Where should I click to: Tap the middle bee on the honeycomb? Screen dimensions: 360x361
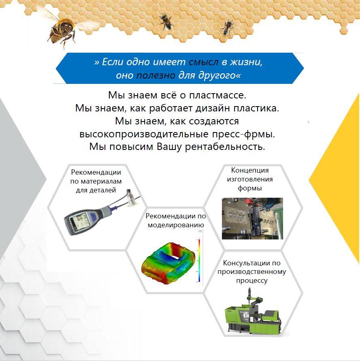166,21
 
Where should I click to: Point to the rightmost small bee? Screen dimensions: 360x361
228,27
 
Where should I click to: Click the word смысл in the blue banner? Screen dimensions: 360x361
203,62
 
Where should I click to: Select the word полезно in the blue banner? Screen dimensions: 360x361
156,75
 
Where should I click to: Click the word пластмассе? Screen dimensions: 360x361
217,95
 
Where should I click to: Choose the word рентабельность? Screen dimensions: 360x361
225,147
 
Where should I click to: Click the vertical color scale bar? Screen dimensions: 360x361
199,261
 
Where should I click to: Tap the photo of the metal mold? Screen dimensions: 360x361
252,218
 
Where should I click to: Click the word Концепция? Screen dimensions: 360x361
250,170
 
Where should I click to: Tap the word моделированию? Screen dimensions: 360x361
176,225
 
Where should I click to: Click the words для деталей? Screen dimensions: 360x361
96,190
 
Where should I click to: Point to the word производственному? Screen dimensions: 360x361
252,272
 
